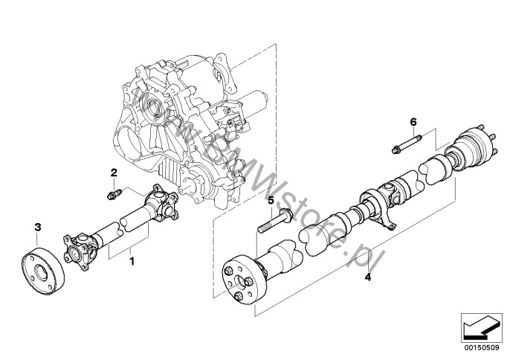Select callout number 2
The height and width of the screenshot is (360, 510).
pyautogui.click(x=114, y=173)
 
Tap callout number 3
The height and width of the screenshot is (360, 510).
pyautogui.click(x=38, y=227)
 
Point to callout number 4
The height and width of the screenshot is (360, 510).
pyautogui.click(x=367, y=277)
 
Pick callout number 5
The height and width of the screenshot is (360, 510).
pyautogui.click(x=271, y=201)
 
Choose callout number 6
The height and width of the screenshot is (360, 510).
pyautogui.click(x=413, y=122)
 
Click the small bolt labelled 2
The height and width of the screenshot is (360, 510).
pyautogui.click(x=114, y=194)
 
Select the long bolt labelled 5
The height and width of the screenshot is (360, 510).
pyautogui.click(x=275, y=222)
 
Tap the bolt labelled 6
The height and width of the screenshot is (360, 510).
pyautogui.click(x=407, y=144)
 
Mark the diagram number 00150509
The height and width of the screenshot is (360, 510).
pyautogui.click(x=481, y=348)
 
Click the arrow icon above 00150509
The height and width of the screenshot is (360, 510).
pyautogui.click(x=481, y=328)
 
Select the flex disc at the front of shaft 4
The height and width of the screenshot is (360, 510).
pyautogui.click(x=245, y=280)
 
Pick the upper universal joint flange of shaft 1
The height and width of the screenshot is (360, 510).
pyautogui.click(x=161, y=204)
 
